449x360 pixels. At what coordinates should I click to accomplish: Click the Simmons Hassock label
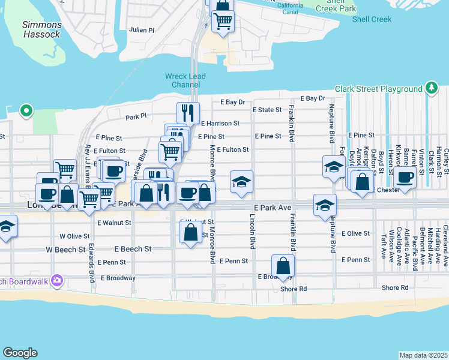(42, 29)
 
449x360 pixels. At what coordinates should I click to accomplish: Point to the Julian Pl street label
(142, 29)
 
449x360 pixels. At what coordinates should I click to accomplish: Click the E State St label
(267, 110)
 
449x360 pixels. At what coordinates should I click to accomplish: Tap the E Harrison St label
(220, 123)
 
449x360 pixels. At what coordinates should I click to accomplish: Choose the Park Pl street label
(136, 117)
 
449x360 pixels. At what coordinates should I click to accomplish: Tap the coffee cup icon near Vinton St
(406, 178)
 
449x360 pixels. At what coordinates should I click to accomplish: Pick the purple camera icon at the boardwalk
(57, 280)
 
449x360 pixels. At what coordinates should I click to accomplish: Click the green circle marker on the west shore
(26, 110)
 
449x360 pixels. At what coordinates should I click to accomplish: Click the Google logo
(20, 353)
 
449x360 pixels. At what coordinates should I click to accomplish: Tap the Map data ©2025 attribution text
(423, 355)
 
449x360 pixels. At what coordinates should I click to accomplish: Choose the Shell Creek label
(372, 19)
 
